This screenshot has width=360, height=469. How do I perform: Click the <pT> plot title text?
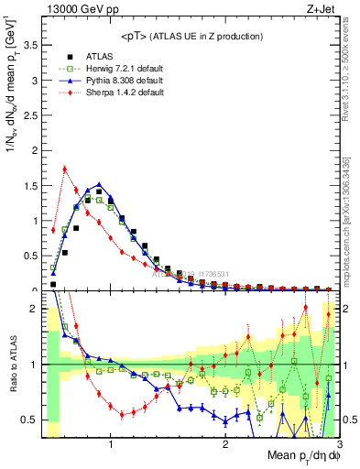pyautogui.click(x=188, y=36)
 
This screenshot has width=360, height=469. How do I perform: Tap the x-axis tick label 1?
pyautogui.click(x=111, y=445)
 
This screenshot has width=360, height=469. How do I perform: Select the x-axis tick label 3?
pyautogui.click(x=338, y=445)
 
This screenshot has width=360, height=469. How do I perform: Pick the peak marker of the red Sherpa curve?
pyautogui.click(x=64, y=168)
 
